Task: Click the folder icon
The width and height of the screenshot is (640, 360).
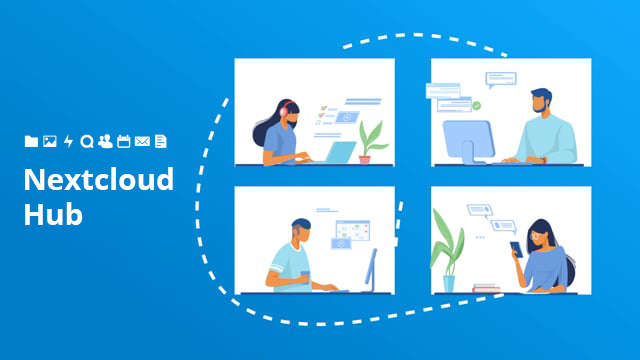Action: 31,142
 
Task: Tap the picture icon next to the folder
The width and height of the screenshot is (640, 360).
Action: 49,142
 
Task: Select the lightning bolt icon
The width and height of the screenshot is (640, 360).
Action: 68,142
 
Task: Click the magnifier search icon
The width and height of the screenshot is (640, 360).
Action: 87,142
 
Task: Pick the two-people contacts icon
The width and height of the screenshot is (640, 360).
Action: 105,142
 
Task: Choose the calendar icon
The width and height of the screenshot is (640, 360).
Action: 124,142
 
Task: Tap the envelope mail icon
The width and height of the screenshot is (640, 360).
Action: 142,142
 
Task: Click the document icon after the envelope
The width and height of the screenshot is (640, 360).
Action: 160,142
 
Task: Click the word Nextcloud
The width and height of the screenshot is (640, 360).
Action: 98,180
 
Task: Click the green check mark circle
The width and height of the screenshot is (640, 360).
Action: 477,105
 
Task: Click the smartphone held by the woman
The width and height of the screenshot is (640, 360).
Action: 516,247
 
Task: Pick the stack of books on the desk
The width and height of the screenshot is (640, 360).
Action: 487,288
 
